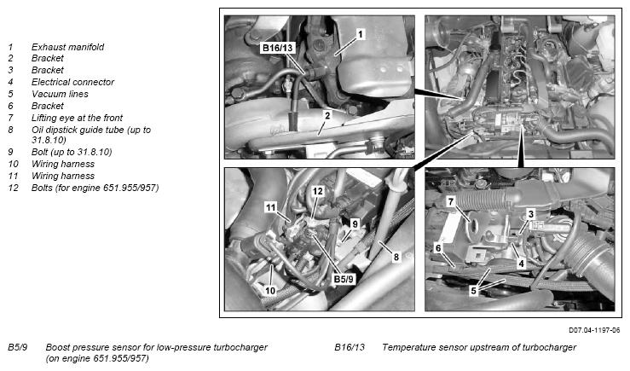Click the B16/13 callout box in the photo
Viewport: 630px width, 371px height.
click(x=278, y=48)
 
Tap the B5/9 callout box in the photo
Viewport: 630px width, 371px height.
click(x=344, y=279)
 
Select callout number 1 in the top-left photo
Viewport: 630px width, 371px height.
click(x=360, y=34)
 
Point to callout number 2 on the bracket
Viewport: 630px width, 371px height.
click(x=327, y=115)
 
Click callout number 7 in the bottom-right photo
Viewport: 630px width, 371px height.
click(x=451, y=201)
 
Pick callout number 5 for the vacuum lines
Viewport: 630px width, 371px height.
click(x=474, y=290)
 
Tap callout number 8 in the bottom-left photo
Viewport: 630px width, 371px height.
click(x=396, y=257)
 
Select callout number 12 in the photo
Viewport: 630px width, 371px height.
click(x=318, y=191)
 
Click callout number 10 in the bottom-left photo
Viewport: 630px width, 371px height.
click(x=270, y=290)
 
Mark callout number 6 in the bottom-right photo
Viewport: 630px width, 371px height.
click(x=438, y=248)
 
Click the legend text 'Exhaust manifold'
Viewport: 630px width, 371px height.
click(x=67, y=47)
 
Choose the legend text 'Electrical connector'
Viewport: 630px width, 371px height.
click(x=72, y=82)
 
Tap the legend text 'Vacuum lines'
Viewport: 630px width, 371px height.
click(x=60, y=94)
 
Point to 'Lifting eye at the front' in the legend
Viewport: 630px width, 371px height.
click(x=77, y=118)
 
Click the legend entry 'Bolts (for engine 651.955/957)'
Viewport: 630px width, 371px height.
click(x=95, y=188)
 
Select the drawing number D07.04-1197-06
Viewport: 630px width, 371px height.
click(x=594, y=330)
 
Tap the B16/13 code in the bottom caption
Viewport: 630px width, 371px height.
click(x=350, y=347)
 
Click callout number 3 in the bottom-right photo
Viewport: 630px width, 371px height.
click(x=531, y=214)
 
